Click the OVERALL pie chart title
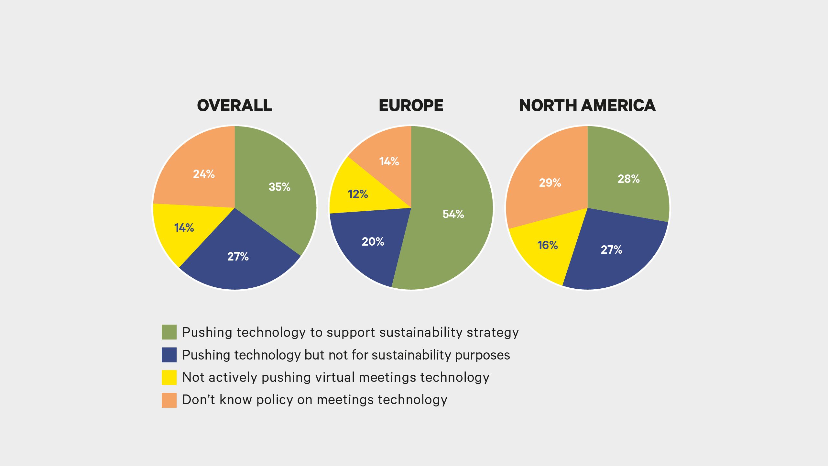(x=234, y=105)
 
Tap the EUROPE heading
(x=411, y=105)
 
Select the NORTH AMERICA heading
(x=587, y=105)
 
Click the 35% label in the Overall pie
(x=279, y=187)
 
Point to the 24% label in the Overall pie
(x=204, y=174)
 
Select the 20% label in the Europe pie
(x=373, y=241)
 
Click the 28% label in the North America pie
(x=628, y=179)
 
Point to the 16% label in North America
(x=548, y=245)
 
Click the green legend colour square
(x=169, y=332)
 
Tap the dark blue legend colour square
(x=169, y=355)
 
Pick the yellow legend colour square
(x=169, y=377)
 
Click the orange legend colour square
(x=169, y=400)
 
